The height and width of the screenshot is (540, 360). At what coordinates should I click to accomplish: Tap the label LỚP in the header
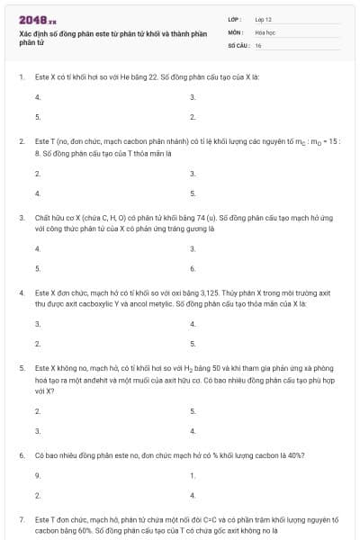pyautogui.click(x=233, y=19)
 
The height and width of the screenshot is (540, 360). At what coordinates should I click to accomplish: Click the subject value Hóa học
pyautogui.click(x=265, y=31)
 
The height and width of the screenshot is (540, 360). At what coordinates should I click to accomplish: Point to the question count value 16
pyautogui.click(x=258, y=44)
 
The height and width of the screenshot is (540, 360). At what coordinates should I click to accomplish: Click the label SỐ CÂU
pyautogui.click(x=237, y=44)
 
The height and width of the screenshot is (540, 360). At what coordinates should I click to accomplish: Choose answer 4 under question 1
pyautogui.click(x=37, y=96)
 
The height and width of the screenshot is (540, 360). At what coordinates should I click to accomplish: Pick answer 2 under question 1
pyautogui.click(x=193, y=117)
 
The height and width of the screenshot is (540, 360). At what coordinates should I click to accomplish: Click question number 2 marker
pyautogui.click(x=22, y=141)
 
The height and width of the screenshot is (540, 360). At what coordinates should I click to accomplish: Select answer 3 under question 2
pyautogui.click(x=193, y=172)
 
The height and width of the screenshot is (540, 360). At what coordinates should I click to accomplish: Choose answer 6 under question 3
pyautogui.click(x=193, y=268)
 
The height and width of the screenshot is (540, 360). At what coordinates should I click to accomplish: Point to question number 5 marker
pyautogui.click(x=22, y=368)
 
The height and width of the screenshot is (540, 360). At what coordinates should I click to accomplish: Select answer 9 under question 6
pyautogui.click(x=37, y=474)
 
